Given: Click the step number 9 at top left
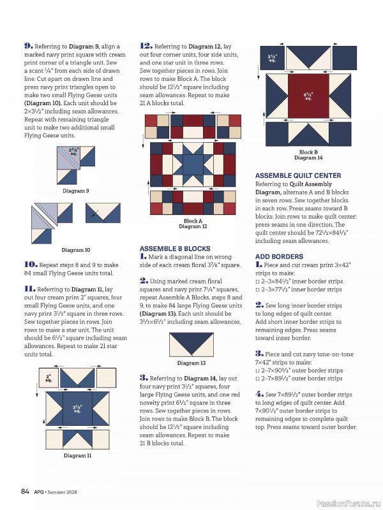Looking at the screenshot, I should (28, 46).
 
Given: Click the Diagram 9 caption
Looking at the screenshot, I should (76, 191).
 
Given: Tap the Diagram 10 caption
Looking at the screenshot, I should (76, 250).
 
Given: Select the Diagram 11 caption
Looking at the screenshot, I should (77, 455).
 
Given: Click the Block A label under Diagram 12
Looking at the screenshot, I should (193, 221).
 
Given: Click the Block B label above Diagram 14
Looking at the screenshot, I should (309, 152).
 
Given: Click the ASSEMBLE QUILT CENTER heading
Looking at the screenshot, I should (298, 175).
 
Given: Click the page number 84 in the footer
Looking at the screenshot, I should (25, 491).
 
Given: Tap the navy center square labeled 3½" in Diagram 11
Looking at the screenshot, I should (77, 407).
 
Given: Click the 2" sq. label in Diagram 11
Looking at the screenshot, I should (49, 378).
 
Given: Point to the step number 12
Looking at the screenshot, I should (146, 46).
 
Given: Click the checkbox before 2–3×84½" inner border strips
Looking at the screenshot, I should (258, 281).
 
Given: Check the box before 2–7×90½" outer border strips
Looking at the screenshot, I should (258, 370).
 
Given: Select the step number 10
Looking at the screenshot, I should (30, 264).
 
